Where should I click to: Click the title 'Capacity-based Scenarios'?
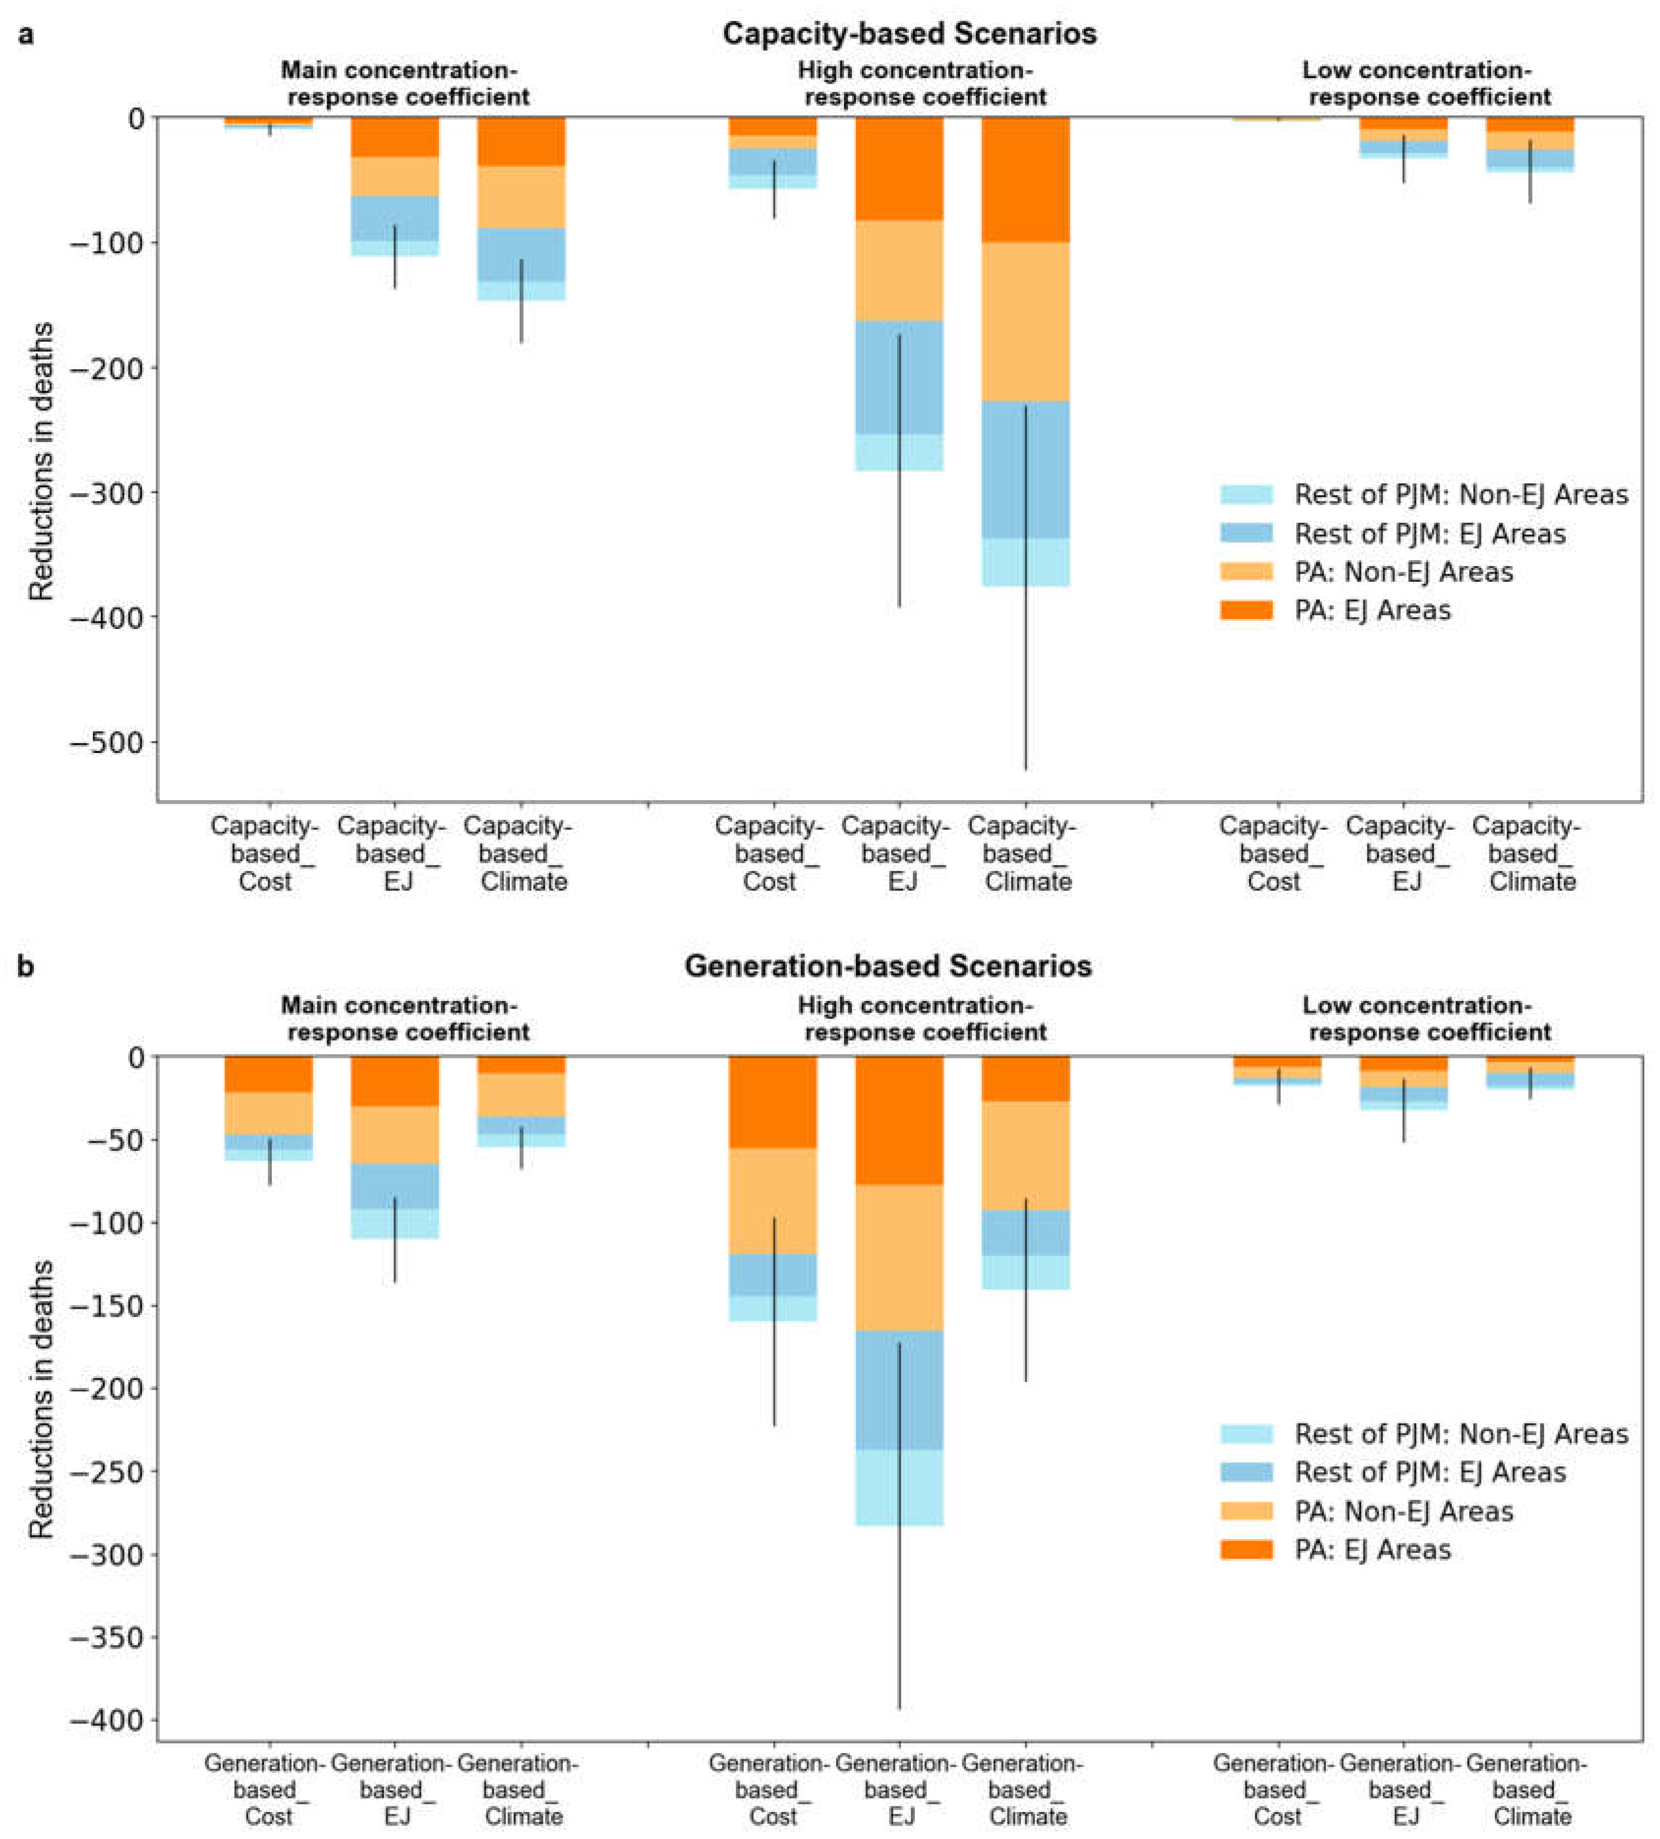(x=909, y=34)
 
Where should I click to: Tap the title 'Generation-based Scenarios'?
(x=887, y=966)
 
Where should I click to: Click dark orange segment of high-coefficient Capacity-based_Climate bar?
(x=1025, y=179)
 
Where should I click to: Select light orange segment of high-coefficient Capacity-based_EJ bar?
(x=899, y=271)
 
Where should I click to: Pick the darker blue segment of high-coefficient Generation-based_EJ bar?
(x=899, y=1389)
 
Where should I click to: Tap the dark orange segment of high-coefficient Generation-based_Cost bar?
(x=773, y=1101)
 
